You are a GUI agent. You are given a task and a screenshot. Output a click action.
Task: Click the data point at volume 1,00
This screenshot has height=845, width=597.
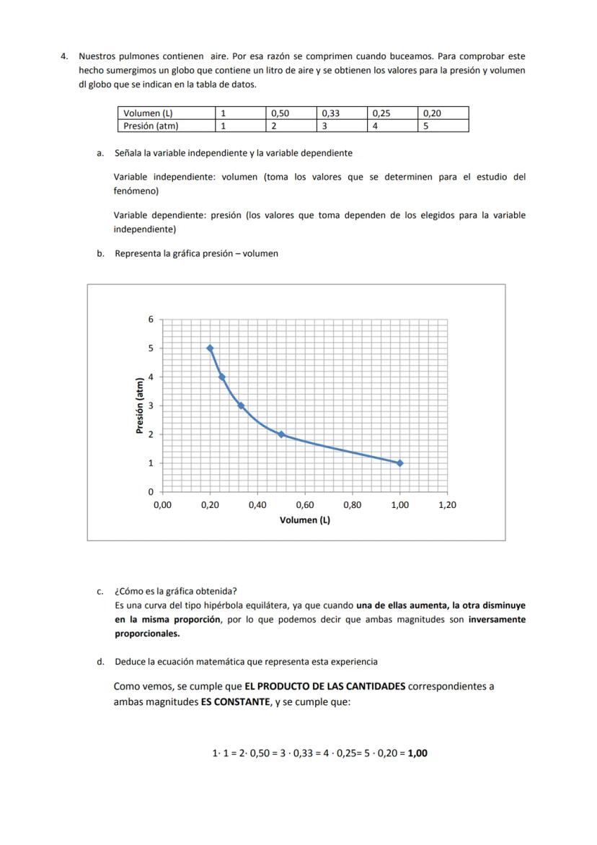(x=400, y=463)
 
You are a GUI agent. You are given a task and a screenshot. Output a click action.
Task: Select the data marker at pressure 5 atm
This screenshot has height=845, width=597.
(x=210, y=348)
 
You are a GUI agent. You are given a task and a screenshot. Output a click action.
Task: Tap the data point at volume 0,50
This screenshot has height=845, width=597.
(x=281, y=434)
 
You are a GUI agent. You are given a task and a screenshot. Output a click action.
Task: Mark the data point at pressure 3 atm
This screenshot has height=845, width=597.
(x=241, y=406)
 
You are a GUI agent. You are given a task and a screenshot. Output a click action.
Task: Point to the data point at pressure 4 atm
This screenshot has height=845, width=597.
(x=221, y=377)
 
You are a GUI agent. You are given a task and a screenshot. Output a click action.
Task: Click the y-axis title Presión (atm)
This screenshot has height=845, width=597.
(x=141, y=406)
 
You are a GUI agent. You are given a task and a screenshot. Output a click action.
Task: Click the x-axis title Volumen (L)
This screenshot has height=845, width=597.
(x=305, y=520)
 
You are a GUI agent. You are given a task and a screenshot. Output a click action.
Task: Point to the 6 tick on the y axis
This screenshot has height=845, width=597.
(x=151, y=320)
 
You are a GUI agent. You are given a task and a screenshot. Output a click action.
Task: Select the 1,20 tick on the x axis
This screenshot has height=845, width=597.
(x=447, y=505)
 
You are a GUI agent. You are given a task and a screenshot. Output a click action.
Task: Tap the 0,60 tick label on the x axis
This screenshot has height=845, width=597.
(x=305, y=505)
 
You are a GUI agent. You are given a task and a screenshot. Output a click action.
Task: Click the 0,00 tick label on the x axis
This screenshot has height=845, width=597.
(x=162, y=505)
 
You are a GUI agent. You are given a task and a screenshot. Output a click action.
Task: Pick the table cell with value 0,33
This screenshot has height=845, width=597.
(x=331, y=113)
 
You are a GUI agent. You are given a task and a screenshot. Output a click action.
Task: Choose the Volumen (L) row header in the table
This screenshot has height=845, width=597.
(x=149, y=113)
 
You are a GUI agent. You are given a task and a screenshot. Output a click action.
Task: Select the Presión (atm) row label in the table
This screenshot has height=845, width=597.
(x=151, y=126)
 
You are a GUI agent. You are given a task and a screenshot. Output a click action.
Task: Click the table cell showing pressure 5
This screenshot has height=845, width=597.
(x=426, y=126)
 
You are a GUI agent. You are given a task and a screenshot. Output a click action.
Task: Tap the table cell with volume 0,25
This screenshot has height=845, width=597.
(x=381, y=113)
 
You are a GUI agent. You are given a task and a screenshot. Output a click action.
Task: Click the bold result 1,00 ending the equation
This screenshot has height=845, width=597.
(x=417, y=753)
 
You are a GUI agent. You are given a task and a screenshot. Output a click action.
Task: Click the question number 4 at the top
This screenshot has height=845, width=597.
(x=64, y=56)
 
